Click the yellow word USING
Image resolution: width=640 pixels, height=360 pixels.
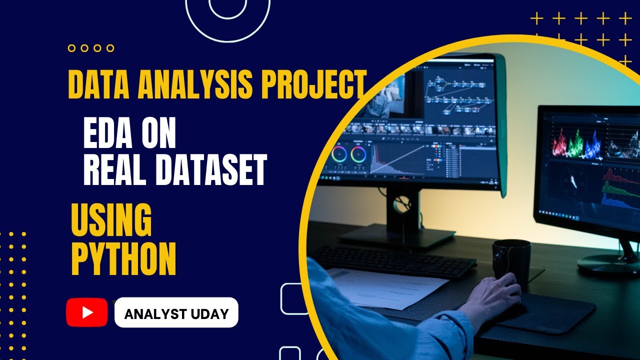pyautogui.click(x=111, y=220)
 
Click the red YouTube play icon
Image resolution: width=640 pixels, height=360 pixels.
pyautogui.click(x=87, y=312)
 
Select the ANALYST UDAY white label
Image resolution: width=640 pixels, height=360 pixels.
pyautogui.click(x=176, y=313)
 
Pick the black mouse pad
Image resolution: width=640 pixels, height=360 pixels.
pyautogui.click(x=545, y=312)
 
